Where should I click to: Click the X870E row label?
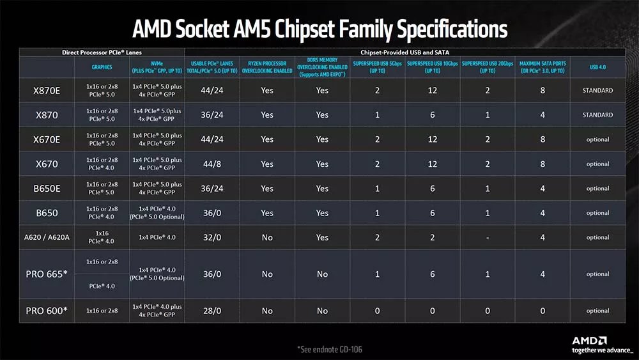point(46,90)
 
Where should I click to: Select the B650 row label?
point(46,213)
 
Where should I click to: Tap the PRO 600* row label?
point(46,311)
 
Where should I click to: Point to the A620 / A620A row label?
point(46,237)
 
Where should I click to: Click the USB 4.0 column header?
point(598,67)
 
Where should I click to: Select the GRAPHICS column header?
point(102,67)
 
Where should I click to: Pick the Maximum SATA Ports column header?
point(543,67)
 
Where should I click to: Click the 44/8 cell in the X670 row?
point(212,164)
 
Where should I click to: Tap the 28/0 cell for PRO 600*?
point(212,311)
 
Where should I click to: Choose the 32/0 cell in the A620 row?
point(212,237)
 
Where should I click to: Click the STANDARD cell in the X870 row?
point(598,115)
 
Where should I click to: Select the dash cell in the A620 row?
point(488,237)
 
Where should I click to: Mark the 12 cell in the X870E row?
point(433,90)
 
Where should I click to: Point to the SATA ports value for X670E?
point(543,139)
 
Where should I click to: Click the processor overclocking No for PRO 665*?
point(267,274)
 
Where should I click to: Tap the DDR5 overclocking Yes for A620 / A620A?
point(322,237)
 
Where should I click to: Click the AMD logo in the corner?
point(589,341)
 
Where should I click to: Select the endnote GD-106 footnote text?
point(334,349)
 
